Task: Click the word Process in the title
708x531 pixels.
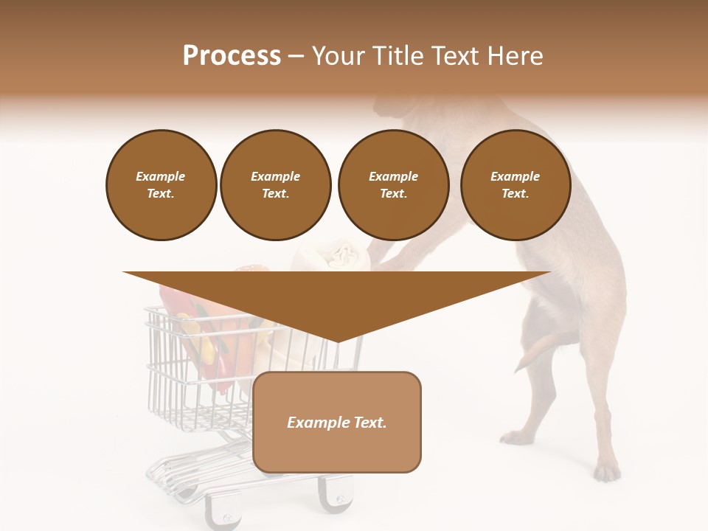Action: tap(232, 56)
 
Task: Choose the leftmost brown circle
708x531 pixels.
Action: tap(162, 185)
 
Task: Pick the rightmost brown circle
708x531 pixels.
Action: tap(516, 185)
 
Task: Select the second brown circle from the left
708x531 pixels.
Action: tap(276, 185)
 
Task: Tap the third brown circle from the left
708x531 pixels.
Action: tap(393, 185)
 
